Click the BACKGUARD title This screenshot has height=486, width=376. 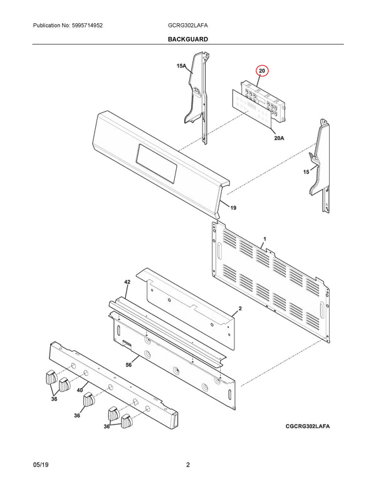(x=188, y=39)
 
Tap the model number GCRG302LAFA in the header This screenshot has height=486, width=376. (x=187, y=26)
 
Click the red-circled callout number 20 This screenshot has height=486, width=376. (x=262, y=71)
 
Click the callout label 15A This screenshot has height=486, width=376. (x=182, y=66)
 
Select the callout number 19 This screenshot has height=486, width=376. (x=232, y=207)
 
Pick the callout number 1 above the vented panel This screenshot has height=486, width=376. (x=264, y=239)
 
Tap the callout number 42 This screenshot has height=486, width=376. (x=127, y=283)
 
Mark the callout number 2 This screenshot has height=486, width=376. (x=239, y=309)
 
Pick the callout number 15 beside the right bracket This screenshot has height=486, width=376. (x=306, y=172)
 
